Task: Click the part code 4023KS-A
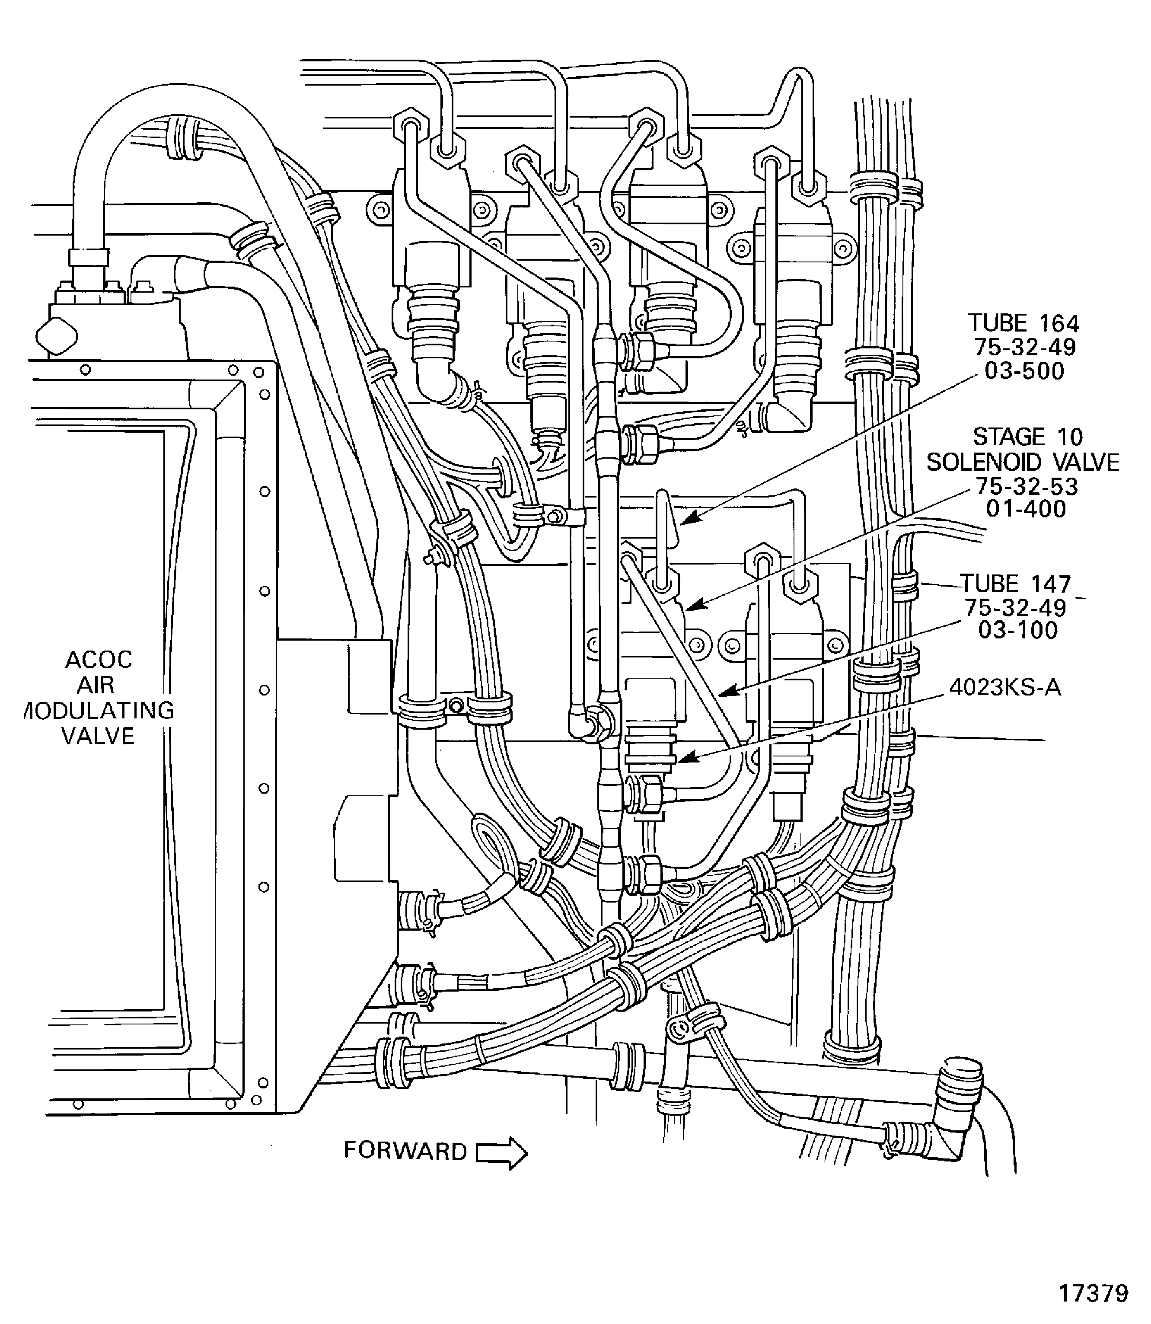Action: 1004,688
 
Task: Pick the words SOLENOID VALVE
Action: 1023,462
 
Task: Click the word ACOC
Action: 99,660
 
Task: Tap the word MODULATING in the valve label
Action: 99,711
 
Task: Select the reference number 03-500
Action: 1024,371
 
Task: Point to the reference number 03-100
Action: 1017,630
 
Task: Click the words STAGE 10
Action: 1027,437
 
